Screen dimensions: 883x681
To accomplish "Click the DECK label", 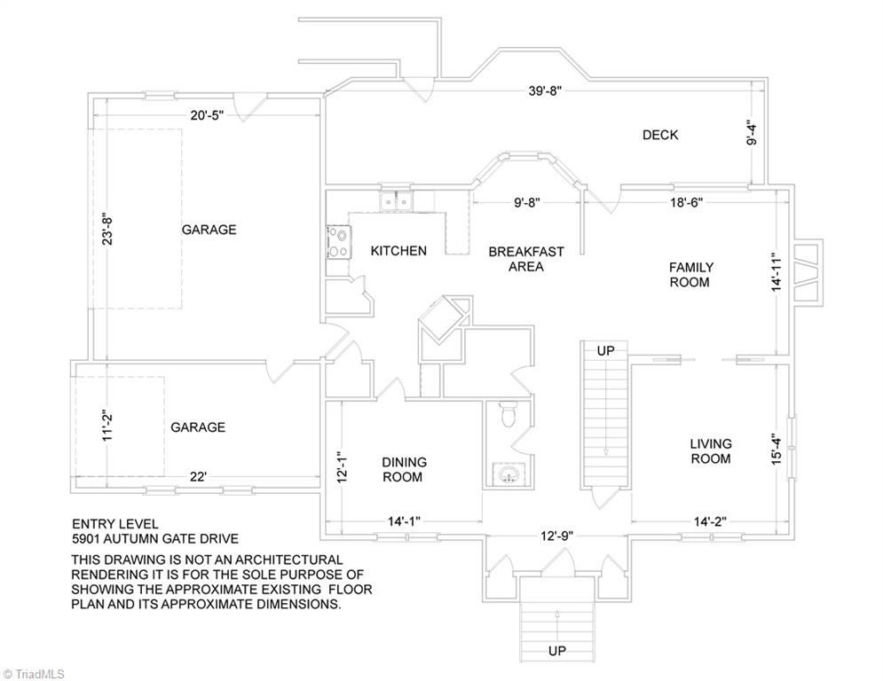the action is point(660,135).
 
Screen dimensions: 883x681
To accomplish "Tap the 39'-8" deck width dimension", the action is point(545,90).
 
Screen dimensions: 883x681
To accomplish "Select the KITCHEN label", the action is point(398,251).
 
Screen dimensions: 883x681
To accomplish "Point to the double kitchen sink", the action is point(395,200).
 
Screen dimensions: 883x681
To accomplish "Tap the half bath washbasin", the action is point(509,473).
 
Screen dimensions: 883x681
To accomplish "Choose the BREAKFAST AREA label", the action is point(526,259).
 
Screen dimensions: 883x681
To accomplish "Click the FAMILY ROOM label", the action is point(690,275).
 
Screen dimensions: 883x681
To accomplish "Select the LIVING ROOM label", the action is point(711,451).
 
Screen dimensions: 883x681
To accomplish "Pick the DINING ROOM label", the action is point(404,470).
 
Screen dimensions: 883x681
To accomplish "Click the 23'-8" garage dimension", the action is point(107,228).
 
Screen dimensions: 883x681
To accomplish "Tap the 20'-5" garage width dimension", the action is point(208,116).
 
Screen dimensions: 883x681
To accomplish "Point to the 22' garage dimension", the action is point(198,477).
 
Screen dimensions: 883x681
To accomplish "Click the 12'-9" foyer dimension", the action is point(557,536).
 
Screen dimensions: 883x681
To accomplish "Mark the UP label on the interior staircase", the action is point(605,350).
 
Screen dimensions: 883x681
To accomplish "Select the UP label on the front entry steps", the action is point(557,651).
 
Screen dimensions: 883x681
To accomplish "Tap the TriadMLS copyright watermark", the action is point(34,674).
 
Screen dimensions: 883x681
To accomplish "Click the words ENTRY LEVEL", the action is point(115,524).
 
